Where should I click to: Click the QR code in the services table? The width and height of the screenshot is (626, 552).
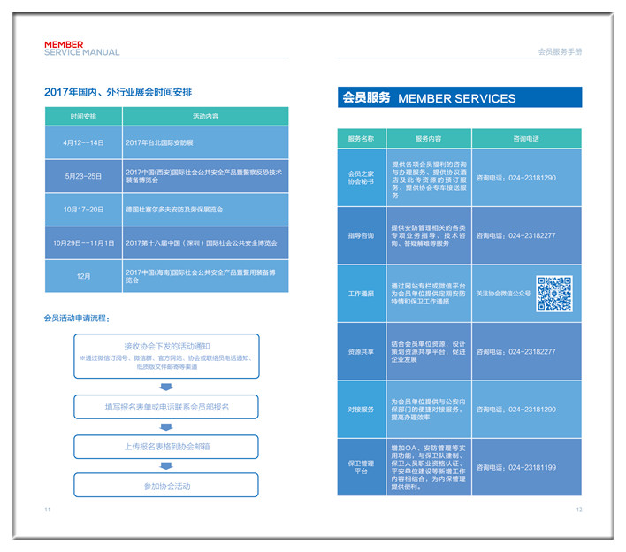coord(554,294)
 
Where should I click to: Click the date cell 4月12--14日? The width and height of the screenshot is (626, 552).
coord(84,142)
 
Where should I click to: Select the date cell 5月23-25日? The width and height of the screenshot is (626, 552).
coord(84,176)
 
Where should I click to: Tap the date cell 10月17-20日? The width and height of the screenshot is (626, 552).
coord(84,210)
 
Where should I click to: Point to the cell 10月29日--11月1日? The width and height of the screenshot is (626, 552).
coord(84,242)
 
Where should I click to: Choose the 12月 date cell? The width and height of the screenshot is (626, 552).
coord(84,276)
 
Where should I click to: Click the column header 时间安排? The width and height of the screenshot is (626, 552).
coord(84,116)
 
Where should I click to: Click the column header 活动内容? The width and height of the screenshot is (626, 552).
coord(205,116)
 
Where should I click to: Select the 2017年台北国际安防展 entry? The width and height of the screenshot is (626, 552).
coord(159,142)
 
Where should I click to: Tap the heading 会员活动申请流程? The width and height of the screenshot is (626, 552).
coord(77,318)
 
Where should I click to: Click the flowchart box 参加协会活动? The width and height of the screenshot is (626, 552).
coord(167,486)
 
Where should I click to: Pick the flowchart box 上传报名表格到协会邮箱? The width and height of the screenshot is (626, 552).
coord(167,447)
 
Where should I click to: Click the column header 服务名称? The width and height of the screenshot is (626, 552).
coord(361,139)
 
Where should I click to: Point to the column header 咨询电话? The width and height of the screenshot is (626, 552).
coord(526,139)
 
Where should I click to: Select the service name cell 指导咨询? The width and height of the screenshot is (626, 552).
coord(361,236)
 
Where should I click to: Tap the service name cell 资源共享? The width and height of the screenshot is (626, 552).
coord(361,352)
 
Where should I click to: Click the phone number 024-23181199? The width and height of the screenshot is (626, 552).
coord(528,467)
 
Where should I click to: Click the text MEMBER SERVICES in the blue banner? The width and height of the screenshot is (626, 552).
coord(457,98)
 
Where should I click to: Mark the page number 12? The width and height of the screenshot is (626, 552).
coord(579,510)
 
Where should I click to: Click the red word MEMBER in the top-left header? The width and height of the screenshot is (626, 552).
coord(64,44)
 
